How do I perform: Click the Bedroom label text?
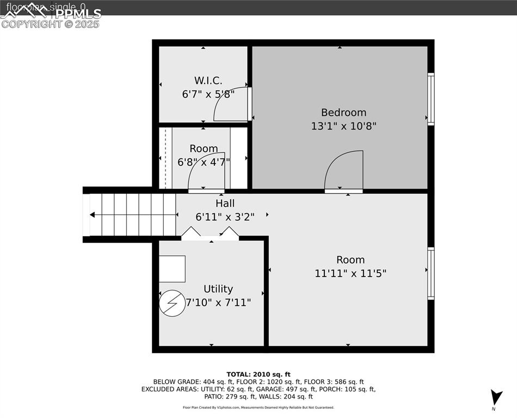(x=343, y=113)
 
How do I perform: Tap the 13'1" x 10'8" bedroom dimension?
(x=343, y=126)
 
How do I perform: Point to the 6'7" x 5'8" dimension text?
(x=208, y=94)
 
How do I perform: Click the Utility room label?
(x=218, y=289)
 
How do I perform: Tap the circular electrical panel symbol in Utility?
(x=172, y=303)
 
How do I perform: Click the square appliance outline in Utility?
(x=172, y=269)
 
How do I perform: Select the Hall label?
(x=225, y=203)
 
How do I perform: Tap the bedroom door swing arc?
(x=344, y=170)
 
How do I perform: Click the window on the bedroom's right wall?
(x=430, y=99)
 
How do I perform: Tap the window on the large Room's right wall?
(x=430, y=273)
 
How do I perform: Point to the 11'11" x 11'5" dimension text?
(x=350, y=273)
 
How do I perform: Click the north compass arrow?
(x=496, y=397)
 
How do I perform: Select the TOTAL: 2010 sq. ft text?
(x=258, y=374)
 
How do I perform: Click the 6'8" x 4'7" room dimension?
(x=204, y=162)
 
